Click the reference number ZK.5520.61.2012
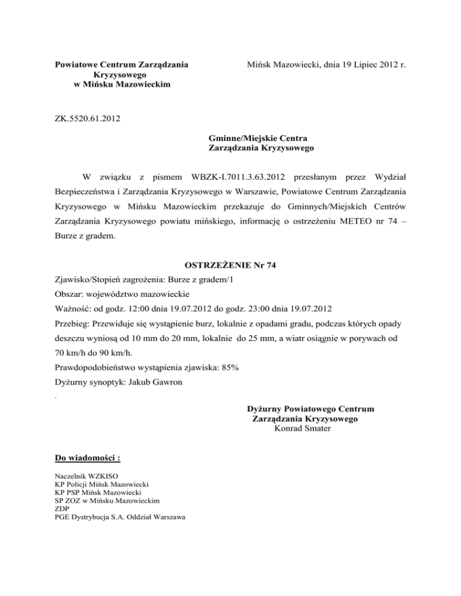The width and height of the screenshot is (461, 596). coord(86,119)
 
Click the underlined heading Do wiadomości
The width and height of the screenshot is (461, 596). coord(87,459)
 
